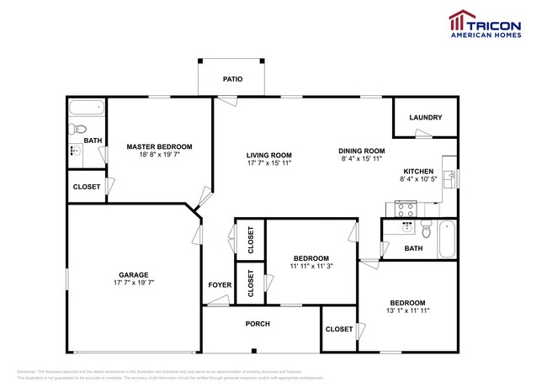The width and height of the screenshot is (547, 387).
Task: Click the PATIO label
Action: coord(232,79)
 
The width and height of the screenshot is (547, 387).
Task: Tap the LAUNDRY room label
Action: coord(425,118)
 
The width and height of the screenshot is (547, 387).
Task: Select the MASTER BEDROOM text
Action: coord(159,146)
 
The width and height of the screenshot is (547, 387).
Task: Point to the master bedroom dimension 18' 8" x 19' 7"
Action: coord(159,155)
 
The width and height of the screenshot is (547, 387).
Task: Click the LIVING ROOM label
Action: coord(268,155)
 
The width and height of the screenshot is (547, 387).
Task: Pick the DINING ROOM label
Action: coord(361,150)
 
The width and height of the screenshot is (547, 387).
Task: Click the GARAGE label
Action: coord(133,275)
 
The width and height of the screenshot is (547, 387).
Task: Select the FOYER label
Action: coord(220,285)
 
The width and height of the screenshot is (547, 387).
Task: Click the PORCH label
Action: coord(257,323)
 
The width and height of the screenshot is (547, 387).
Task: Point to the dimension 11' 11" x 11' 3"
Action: coord(311,266)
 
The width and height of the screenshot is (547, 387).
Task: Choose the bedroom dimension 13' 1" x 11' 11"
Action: coord(406,310)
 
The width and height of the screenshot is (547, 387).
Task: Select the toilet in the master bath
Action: coord(77,129)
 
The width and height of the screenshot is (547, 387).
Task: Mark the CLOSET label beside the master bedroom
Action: coord(87,187)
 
